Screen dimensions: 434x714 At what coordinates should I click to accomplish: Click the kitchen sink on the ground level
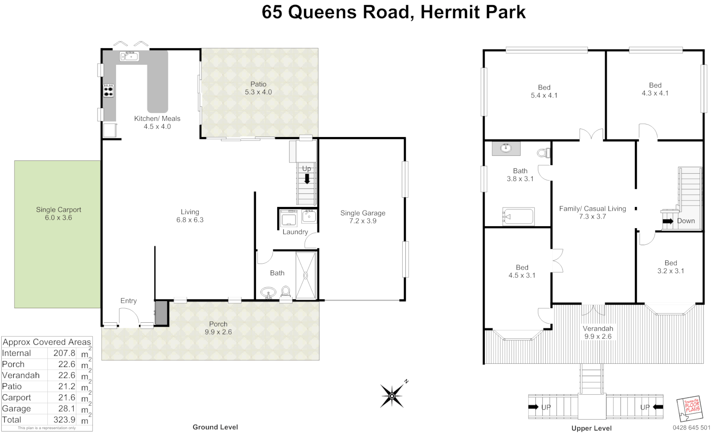pyautogui.click(x=129, y=56)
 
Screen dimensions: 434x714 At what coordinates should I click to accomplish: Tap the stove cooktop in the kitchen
pyautogui.click(x=108, y=90)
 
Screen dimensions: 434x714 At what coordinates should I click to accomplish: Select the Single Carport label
pyautogui.click(x=59, y=213)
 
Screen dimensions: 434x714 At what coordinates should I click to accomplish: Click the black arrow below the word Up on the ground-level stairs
pyautogui.click(x=307, y=178)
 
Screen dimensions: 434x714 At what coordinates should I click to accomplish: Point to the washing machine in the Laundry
pyautogui.click(x=288, y=219)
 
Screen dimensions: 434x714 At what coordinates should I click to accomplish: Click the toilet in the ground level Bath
pyautogui.click(x=286, y=291)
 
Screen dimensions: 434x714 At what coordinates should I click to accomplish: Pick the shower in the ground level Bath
pyautogui.click(x=306, y=276)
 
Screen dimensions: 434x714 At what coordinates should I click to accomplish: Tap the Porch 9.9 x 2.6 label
pyautogui.click(x=218, y=328)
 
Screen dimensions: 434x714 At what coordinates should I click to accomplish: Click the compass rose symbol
pyautogui.click(x=392, y=396)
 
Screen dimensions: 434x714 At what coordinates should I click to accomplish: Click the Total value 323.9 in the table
pyautogui.click(x=64, y=420)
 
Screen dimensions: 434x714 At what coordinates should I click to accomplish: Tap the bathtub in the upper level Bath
pyautogui.click(x=518, y=217)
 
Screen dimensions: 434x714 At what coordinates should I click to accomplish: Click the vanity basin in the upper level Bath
pyautogui.click(x=506, y=148)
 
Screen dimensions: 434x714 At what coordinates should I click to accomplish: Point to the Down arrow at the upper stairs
pyautogui.click(x=668, y=221)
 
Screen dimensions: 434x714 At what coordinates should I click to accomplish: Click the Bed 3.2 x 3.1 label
pyautogui.click(x=670, y=267)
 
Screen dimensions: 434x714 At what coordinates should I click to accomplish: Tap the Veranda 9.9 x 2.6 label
pyautogui.click(x=598, y=332)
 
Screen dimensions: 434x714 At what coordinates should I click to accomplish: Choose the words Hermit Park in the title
pyautogui.click(x=473, y=12)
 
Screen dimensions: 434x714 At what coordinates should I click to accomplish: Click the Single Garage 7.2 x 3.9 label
pyautogui.click(x=362, y=217)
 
